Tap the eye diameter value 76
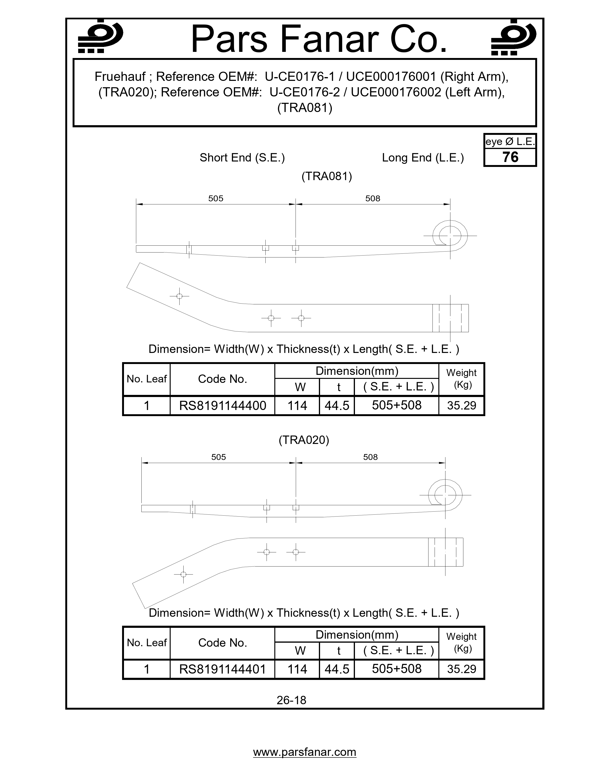point(510,157)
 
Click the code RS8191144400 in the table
point(222,406)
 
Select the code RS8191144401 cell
point(222,669)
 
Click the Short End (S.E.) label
point(242,157)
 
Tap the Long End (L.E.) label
point(423,157)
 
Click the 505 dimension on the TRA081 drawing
point(216,199)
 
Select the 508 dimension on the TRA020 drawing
point(370,457)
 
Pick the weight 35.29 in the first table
point(461,406)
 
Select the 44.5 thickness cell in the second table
point(337,669)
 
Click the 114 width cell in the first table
point(297,406)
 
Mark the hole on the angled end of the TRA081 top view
point(179,296)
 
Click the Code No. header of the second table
point(222,643)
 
